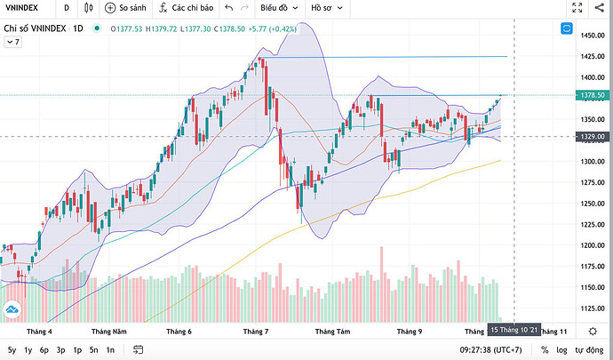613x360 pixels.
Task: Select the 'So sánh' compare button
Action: (125, 9)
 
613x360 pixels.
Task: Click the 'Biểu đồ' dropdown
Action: (276, 9)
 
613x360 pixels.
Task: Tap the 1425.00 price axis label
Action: (586, 56)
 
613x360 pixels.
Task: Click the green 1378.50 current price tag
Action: (586, 94)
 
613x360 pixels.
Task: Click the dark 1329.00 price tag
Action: (586, 136)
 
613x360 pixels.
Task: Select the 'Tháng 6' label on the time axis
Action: (179, 331)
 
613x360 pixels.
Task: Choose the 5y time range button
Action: (12, 350)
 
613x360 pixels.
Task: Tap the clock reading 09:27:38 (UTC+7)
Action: (479, 350)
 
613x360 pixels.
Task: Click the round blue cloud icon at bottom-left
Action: (12, 308)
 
